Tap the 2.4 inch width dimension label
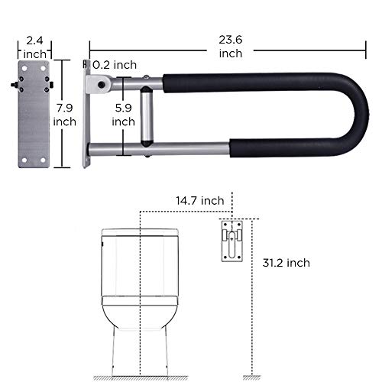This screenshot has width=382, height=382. point(34,47)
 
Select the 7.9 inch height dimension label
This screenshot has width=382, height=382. point(64,114)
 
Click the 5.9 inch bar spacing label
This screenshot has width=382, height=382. point(123,114)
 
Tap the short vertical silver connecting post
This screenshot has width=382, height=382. point(147,114)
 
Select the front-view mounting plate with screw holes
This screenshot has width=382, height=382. point(34,114)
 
